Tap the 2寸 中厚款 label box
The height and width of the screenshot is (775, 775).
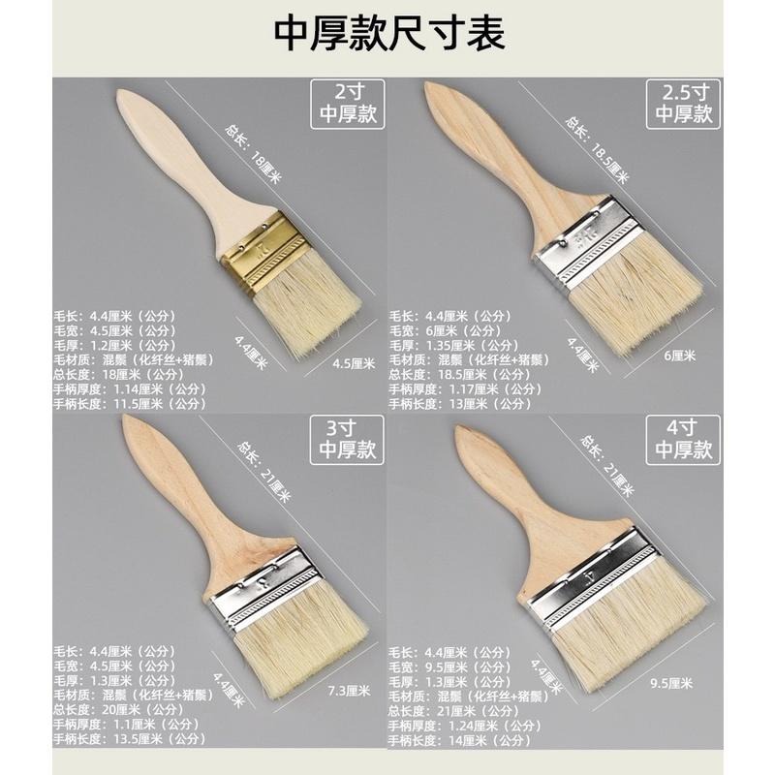coord(346,105)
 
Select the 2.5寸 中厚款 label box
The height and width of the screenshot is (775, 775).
coord(684,105)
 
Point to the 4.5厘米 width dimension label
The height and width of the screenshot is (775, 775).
coord(352,364)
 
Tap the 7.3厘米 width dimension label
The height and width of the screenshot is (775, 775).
coord(350,691)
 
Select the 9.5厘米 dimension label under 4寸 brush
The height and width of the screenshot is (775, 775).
coord(671,684)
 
